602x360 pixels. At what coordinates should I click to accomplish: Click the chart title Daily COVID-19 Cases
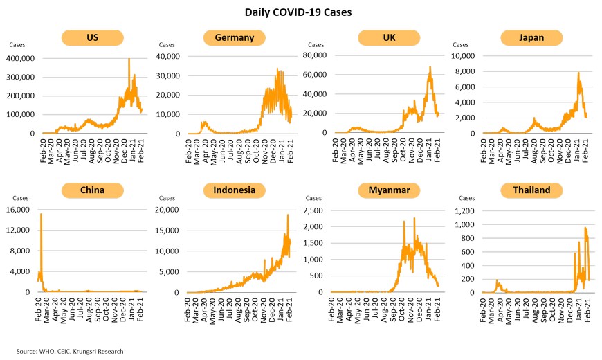click(300, 12)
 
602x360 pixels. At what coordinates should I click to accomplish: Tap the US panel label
click(91, 37)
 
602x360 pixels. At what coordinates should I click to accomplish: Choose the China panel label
click(91, 190)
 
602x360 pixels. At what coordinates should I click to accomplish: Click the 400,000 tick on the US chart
click(21, 59)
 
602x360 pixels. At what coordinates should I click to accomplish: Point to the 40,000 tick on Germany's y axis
click(169, 57)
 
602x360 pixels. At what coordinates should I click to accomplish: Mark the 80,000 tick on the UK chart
click(315, 55)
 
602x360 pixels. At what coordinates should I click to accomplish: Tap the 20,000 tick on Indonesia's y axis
click(169, 210)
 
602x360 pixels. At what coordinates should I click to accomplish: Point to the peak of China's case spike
click(42, 214)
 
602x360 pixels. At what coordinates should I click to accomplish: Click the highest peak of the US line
click(129, 60)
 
